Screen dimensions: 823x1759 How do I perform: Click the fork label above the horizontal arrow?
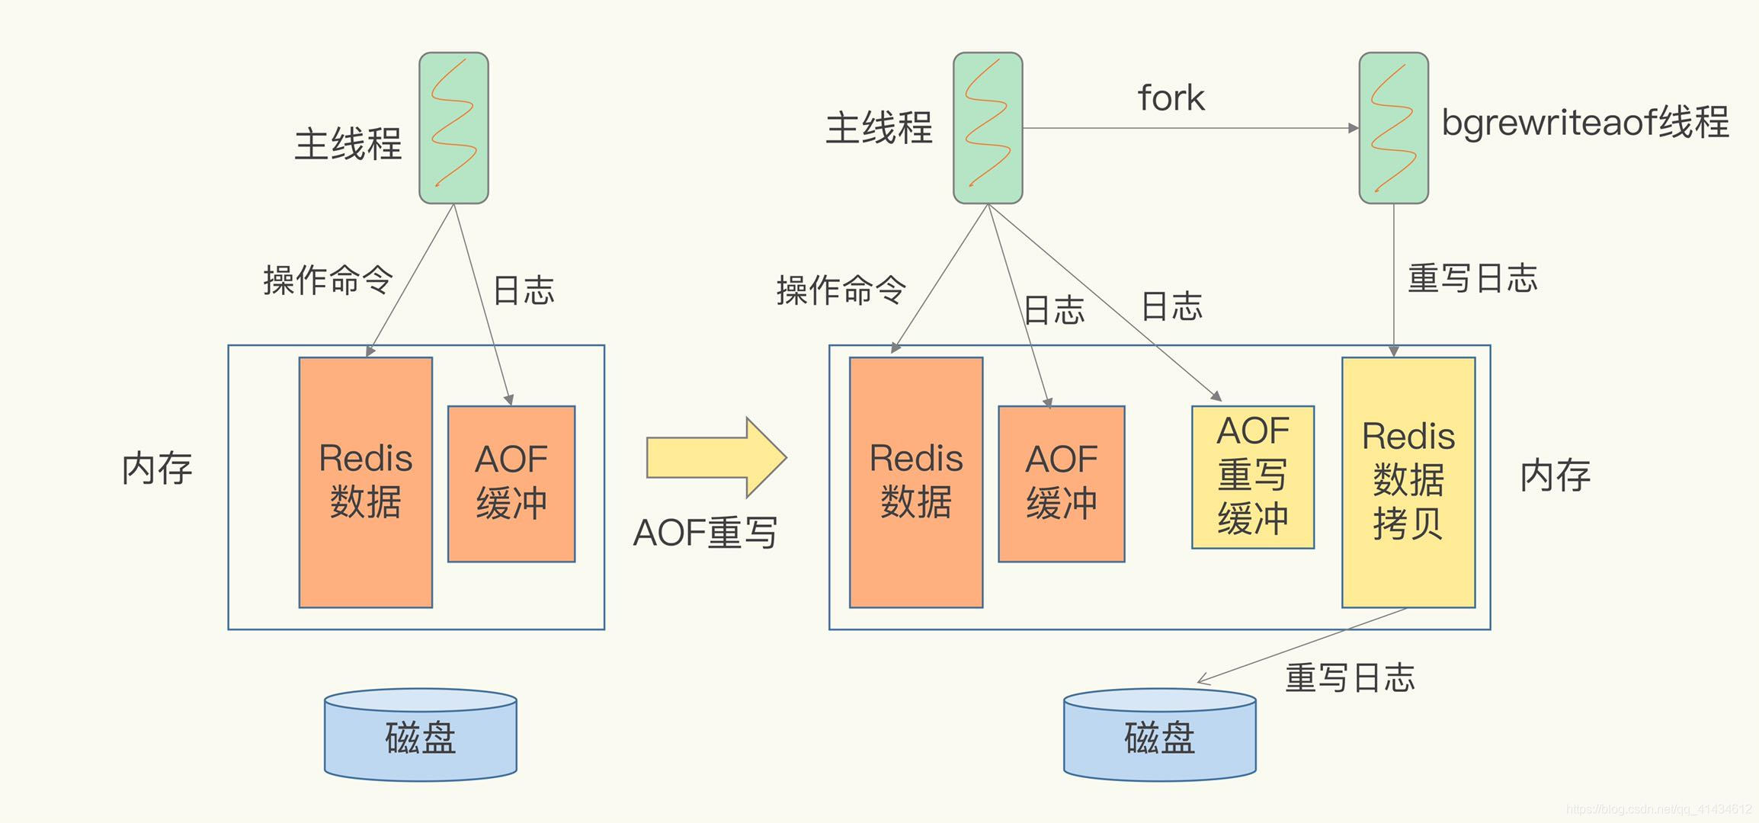point(1171,98)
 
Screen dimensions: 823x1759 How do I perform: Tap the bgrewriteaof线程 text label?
point(1584,123)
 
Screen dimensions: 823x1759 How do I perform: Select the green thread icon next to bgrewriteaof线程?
point(1393,127)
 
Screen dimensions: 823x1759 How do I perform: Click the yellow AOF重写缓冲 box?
point(1252,477)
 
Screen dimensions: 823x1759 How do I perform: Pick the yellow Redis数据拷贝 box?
point(1408,482)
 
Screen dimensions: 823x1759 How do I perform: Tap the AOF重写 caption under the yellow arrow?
point(705,533)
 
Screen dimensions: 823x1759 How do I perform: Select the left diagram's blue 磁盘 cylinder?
point(421,735)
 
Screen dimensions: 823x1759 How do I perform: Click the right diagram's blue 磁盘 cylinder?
point(1159,735)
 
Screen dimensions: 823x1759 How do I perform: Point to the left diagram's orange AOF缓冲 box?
point(511,484)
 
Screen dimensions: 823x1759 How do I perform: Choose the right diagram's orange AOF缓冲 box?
point(1061,484)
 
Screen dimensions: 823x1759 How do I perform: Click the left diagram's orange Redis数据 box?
point(365,482)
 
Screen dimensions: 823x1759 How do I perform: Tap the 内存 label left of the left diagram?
point(157,469)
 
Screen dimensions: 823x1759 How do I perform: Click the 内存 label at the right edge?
point(1555,476)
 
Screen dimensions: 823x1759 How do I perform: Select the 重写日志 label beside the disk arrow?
point(1350,677)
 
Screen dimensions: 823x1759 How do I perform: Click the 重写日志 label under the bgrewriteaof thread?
point(1472,278)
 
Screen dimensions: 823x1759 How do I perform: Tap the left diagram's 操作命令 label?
point(328,280)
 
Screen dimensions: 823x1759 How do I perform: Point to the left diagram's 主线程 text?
point(348,144)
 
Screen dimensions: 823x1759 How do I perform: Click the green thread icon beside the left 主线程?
point(453,127)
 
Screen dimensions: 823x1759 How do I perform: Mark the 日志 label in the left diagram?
point(524,290)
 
